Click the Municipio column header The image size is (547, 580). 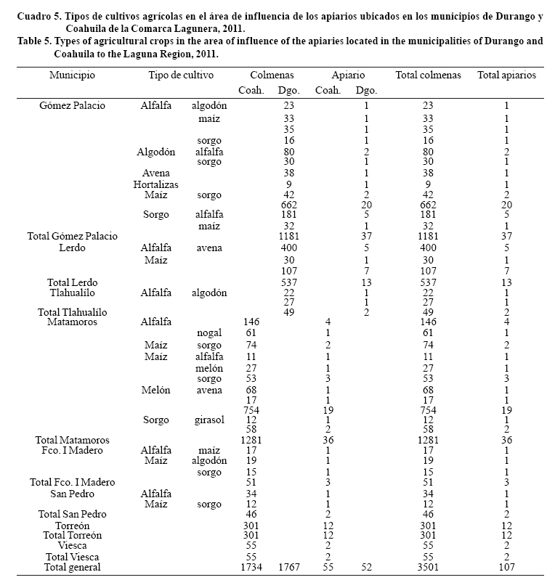[x=72, y=75]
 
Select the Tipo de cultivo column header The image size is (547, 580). [x=181, y=75]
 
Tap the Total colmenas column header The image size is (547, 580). [x=428, y=75]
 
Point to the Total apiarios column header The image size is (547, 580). [x=506, y=75]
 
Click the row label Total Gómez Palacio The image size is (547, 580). [x=72, y=236]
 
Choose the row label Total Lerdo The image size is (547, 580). [x=72, y=282]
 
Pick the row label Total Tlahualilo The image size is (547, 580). [x=72, y=312]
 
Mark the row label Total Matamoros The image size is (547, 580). [x=72, y=440]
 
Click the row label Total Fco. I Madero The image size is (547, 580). [x=72, y=482]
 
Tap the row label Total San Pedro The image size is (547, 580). [x=72, y=514]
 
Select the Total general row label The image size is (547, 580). [x=72, y=567]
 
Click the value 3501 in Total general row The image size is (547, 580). [x=428, y=567]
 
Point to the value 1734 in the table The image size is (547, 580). [x=251, y=567]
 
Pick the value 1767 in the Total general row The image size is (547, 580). [x=288, y=567]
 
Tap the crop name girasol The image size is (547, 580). [x=209, y=420]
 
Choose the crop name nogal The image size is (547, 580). [x=209, y=333]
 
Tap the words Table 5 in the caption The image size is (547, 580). [x=36, y=41]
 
